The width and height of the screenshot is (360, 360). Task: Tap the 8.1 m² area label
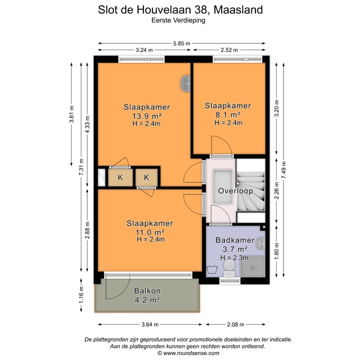(x=227, y=114)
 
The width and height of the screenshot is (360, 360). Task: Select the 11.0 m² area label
(x=149, y=232)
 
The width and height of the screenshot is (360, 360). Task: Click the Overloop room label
(x=235, y=191)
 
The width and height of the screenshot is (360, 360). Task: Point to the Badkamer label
(x=235, y=240)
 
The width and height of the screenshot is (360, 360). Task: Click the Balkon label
(x=147, y=291)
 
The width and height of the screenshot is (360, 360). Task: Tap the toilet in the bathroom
(x=228, y=267)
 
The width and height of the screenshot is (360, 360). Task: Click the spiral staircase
(x=251, y=189)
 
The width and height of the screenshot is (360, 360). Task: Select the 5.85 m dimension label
(x=181, y=44)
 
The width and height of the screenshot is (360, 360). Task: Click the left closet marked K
(x=120, y=177)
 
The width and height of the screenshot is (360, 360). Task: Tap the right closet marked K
(x=147, y=177)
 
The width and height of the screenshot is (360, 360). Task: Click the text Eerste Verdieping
(x=179, y=20)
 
